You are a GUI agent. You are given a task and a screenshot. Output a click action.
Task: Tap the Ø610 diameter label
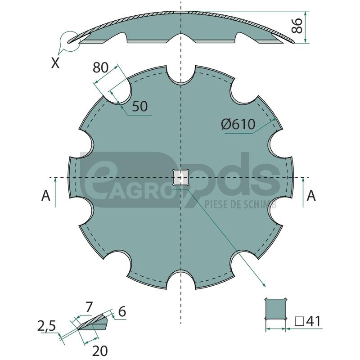[x=238, y=124]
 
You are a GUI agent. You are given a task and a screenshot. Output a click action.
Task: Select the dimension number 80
[x=100, y=67]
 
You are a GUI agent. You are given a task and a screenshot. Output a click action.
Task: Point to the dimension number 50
[x=140, y=106]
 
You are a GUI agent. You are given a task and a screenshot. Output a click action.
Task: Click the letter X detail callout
[x=55, y=63]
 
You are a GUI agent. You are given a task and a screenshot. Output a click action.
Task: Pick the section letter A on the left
[x=46, y=196]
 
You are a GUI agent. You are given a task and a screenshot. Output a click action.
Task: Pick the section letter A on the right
[x=311, y=196]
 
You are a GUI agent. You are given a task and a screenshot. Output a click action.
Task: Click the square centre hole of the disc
[x=181, y=177]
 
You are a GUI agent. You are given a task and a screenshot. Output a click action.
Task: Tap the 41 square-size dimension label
[x=308, y=321]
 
